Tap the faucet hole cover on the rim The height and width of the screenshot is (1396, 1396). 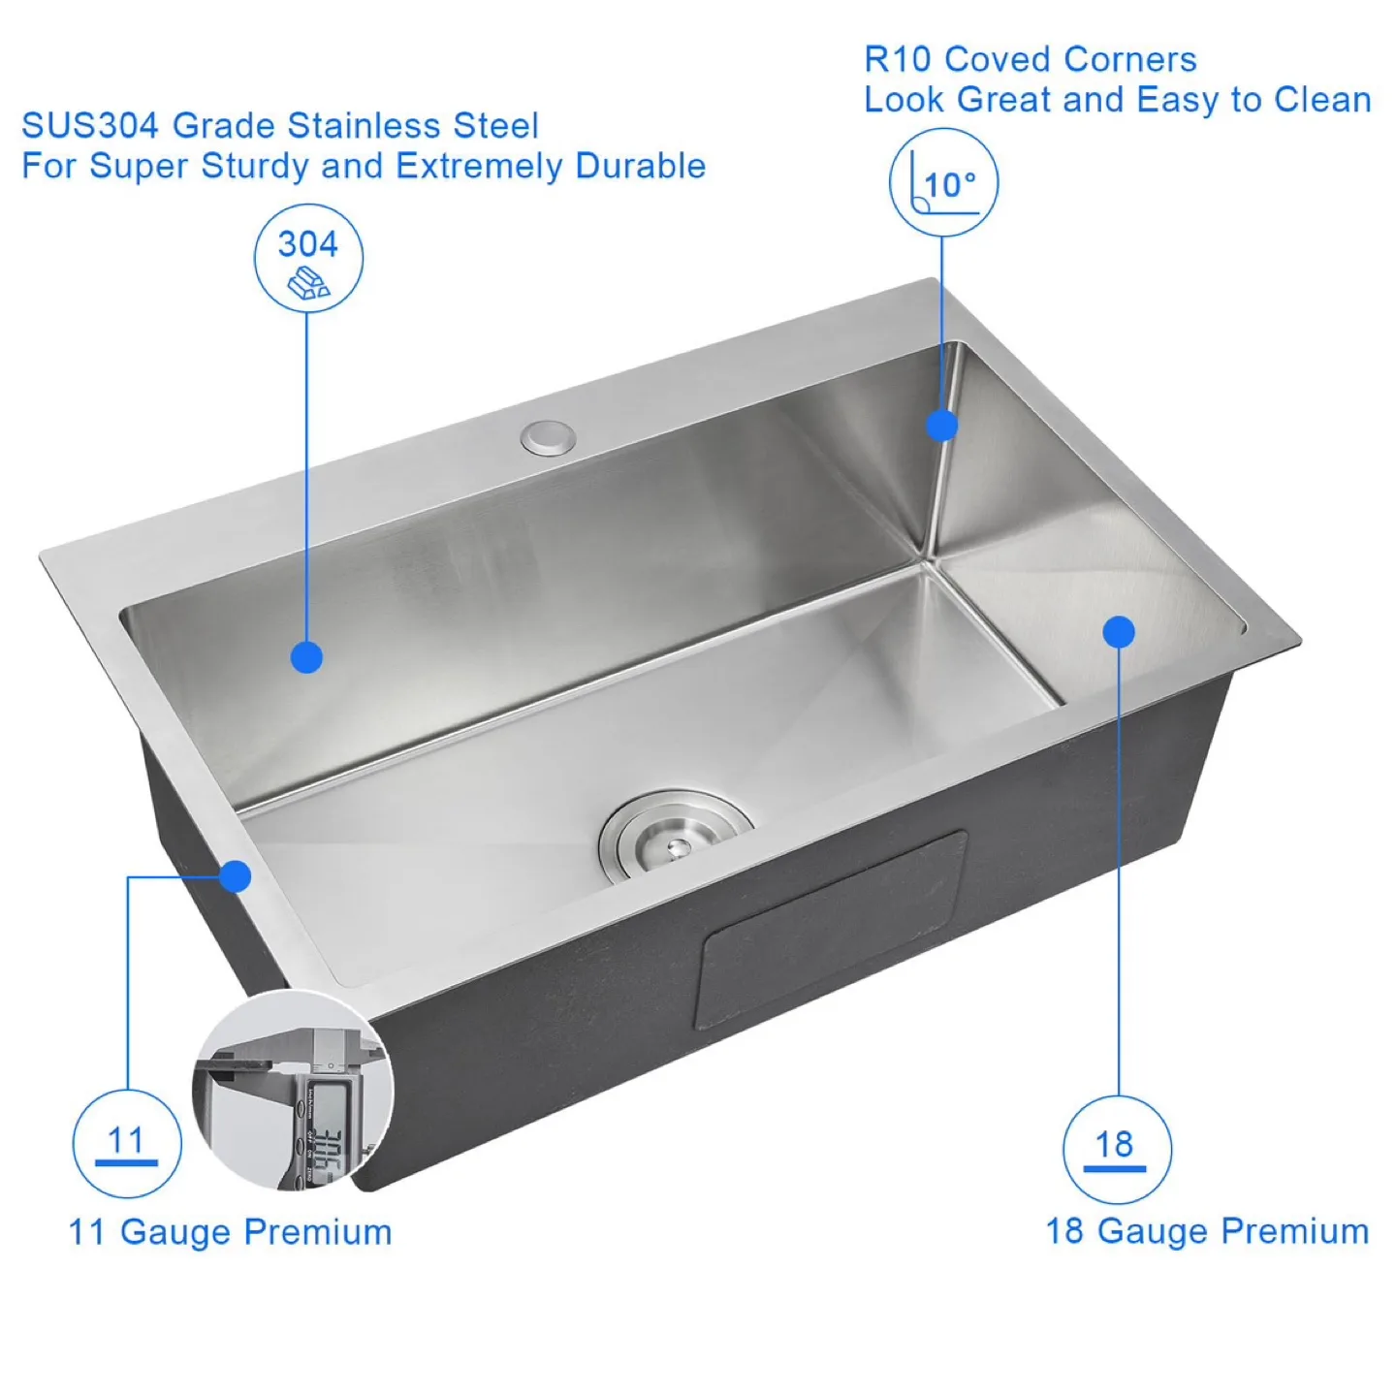(x=548, y=437)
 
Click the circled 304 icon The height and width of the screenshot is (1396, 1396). (x=308, y=258)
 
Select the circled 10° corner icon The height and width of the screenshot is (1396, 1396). (x=943, y=182)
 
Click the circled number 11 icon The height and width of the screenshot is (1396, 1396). (x=127, y=1144)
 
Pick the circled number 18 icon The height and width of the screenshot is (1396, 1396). (x=1117, y=1150)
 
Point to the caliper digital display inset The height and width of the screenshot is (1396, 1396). (x=295, y=1091)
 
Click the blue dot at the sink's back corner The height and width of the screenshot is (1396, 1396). (x=941, y=426)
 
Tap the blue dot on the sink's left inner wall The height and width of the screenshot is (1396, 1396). (x=306, y=658)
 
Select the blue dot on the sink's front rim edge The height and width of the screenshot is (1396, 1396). (x=235, y=876)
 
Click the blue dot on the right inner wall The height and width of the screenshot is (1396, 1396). (x=1119, y=632)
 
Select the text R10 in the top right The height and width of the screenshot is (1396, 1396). (x=897, y=60)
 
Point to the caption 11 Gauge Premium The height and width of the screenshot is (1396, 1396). (x=230, y=1232)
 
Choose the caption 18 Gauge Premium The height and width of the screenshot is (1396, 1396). (x=1207, y=1231)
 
